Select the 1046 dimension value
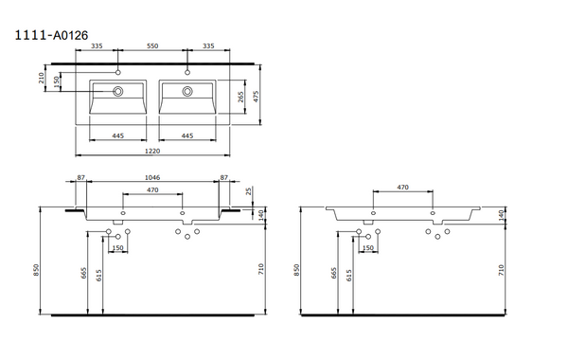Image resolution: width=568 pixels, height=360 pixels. [152, 178]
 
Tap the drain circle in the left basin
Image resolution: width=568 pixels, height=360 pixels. [118, 92]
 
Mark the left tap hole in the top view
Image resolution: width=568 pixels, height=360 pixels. [118, 73]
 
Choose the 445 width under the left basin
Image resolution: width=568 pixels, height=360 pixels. [118, 135]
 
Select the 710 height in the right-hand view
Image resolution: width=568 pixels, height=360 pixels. [501, 269]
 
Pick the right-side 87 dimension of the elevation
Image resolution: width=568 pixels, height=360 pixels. [224, 178]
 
